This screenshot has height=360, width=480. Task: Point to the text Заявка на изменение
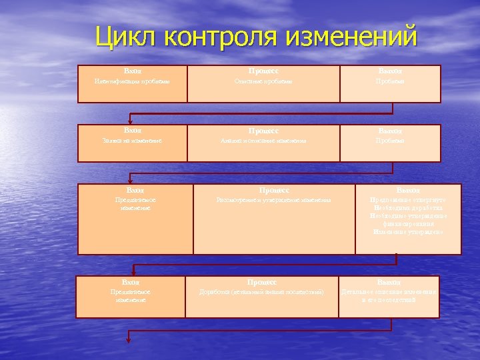tap(133, 141)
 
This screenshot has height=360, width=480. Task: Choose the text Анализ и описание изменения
tap(264, 141)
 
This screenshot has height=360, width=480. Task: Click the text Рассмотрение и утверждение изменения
tap(273, 201)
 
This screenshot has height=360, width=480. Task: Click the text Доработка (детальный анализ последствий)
tap(262, 292)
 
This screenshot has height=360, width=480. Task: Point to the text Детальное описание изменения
tap(390, 292)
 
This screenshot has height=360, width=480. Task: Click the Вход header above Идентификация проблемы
tap(133, 70)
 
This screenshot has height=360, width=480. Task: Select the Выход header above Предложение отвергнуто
tap(408, 191)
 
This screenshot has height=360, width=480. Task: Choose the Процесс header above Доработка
tap(262, 282)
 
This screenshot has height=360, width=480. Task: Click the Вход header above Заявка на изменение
tap(133, 130)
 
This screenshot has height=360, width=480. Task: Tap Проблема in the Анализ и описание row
tap(389, 141)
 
